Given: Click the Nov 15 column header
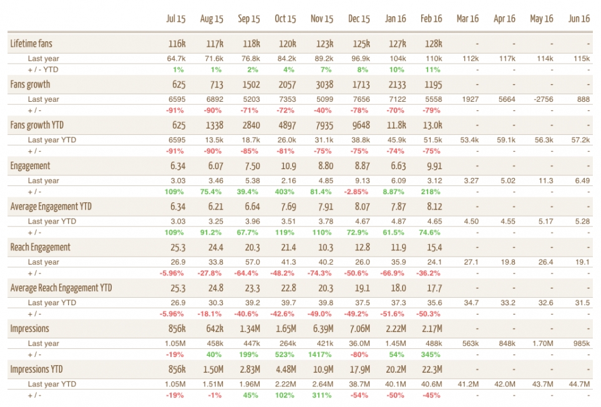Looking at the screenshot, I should tap(322, 19).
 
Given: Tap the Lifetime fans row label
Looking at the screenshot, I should tap(31, 44).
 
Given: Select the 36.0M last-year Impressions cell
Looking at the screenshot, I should tap(359, 343).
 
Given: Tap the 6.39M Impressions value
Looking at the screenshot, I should tap(322, 328).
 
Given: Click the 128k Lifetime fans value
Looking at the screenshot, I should tap(432, 44).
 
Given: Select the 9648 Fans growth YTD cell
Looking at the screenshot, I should tap(360, 125).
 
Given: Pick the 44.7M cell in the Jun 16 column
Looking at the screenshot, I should tap(579, 384).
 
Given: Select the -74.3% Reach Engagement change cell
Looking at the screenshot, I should tap(321, 273).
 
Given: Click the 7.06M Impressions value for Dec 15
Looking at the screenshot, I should tap(359, 328).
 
